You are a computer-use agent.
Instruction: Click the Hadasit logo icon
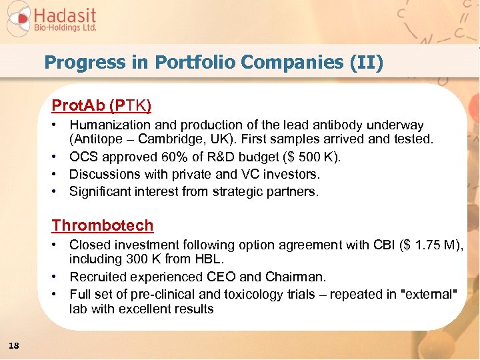pyautogui.click(x=19, y=19)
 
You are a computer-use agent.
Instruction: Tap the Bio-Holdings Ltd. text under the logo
pyautogui.click(x=65, y=29)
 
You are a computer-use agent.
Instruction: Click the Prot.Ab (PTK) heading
pyautogui.click(x=101, y=105)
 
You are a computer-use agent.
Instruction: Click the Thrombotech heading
pyautogui.click(x=103, y=225)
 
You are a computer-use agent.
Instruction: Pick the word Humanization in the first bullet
pyautogui.click(x=105, y=125)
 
